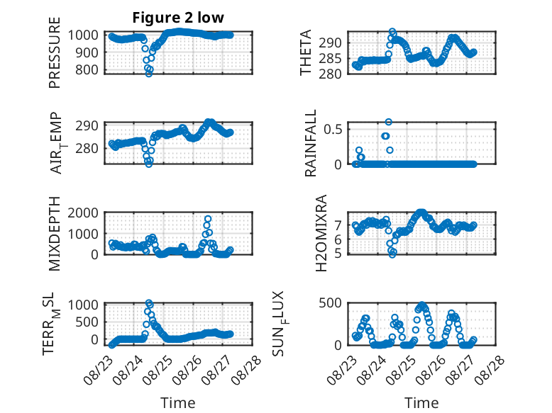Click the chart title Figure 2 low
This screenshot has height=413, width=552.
click(x=178, y=18)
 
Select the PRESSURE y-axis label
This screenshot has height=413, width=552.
click(x=55, y=52)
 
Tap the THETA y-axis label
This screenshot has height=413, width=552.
click(x=306, y=52)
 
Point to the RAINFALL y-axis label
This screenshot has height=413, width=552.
click(x=311, y=143)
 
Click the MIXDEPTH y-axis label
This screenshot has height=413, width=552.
click(x=55, y=234)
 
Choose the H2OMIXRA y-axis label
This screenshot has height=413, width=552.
click(x=321, y=233)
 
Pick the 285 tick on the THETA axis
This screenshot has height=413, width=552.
click(x=330, y=59)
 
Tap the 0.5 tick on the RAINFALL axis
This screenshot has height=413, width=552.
click(x=333, y=130)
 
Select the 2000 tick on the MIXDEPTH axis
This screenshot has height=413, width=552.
click(x=83, y=213)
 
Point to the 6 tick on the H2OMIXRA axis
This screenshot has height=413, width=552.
click(x=338, y=239)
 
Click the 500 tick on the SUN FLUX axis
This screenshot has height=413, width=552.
click(x=330, y=302)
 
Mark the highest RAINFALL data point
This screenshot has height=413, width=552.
click(x=388, y=122)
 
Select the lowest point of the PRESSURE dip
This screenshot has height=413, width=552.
click(x=149, y=74)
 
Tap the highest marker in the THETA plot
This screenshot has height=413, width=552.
click(x=392, y=32)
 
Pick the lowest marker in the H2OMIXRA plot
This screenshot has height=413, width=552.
click(x=392, y=254)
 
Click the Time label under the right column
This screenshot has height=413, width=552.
click(x=421, y=403)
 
